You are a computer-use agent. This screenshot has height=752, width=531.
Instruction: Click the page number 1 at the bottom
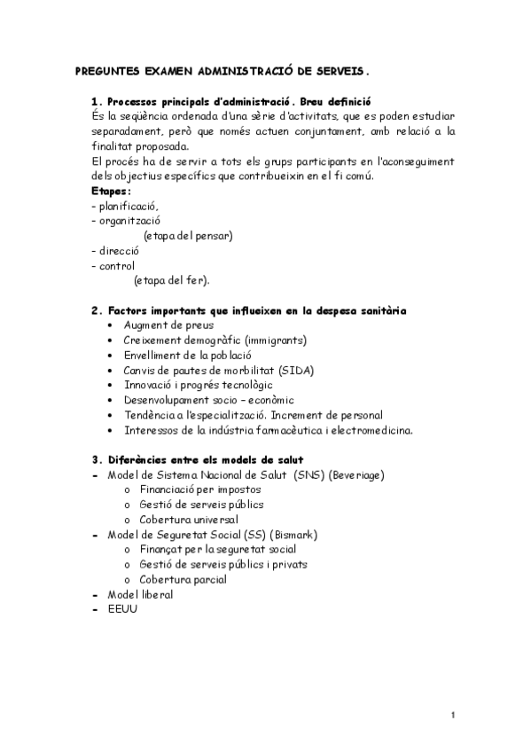coord(452,715)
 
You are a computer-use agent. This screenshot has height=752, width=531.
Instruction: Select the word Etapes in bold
coord(111,191)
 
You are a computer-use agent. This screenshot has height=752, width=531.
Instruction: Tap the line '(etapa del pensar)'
coord(188,235)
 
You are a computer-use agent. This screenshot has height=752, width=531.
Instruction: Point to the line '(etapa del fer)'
coord(171,280)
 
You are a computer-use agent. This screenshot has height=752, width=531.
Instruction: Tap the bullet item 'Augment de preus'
coord(168,325)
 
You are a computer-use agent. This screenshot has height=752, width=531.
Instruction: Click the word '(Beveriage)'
coord(356,475)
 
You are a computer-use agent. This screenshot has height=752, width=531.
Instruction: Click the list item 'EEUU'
coord(122,609)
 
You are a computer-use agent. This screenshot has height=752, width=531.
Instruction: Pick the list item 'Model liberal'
coord(140,594)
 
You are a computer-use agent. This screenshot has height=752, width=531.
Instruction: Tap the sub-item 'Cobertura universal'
coord(189,520)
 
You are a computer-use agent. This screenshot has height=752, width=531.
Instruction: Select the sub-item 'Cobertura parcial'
coord(183,579)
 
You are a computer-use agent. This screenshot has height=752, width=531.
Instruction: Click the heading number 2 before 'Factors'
coord(95,310)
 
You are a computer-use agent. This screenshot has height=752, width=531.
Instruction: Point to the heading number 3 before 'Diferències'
coord(95,459)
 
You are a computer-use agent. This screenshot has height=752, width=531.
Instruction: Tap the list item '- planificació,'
coord(126,206)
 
